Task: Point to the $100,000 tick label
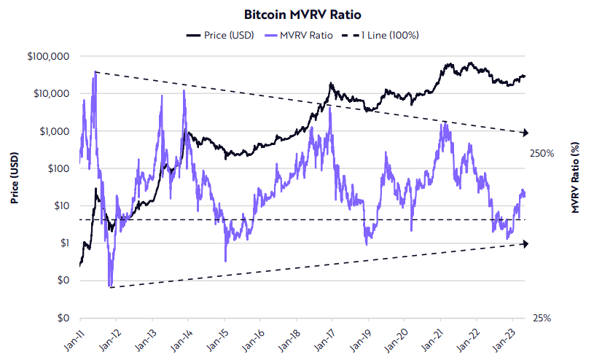pos(49,56)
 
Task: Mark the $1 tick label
pos(63,243)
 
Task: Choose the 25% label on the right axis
pos(542,318)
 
